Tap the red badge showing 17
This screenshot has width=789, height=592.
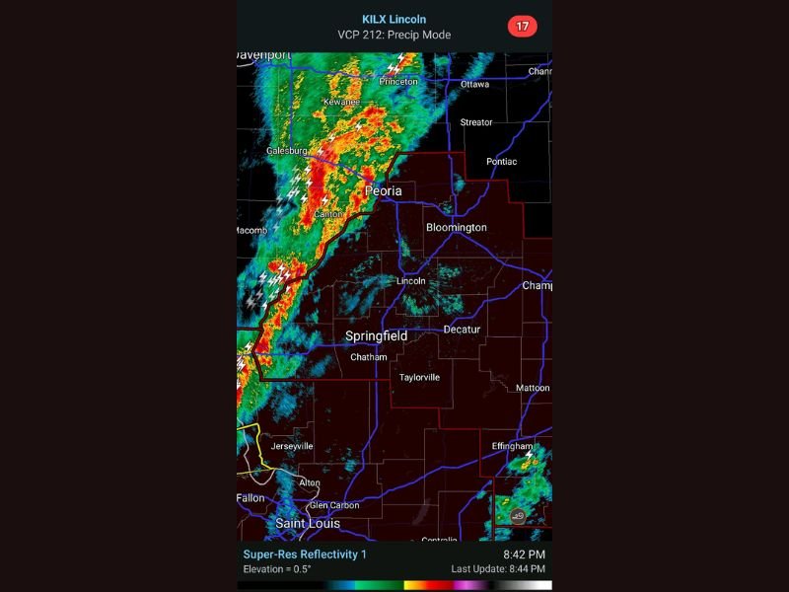click(x=523, y=26)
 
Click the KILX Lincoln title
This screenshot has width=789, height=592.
click(x=394, y=19)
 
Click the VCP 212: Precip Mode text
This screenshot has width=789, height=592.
click(x=394, y=34)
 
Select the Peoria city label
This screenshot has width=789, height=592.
click(x=384, y=190)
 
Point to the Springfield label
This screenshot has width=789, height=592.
click(x=376, y=336)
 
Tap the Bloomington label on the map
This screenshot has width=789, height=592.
click(x=456, y=228)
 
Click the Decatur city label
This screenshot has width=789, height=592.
click(x=462, y=330)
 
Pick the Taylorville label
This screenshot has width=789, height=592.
click(x=419, y=378)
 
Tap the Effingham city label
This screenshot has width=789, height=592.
click(x=512, y=447)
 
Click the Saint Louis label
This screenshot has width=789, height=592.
click(x=308, y=523)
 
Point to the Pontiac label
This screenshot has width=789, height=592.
click(x=501, y=162)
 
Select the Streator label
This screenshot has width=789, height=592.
click(x=476, y=122)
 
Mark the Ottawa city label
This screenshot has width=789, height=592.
click(x=474, y=85)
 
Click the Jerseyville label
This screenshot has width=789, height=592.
click(x=292, y=446)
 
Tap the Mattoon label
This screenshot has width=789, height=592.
click(x=533, y=389)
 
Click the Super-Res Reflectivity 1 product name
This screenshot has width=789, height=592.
click(x=305, y=555)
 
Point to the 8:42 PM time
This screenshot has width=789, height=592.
click(x=524, y=555)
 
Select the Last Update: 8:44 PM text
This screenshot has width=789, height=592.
click(x=498, y=569)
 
